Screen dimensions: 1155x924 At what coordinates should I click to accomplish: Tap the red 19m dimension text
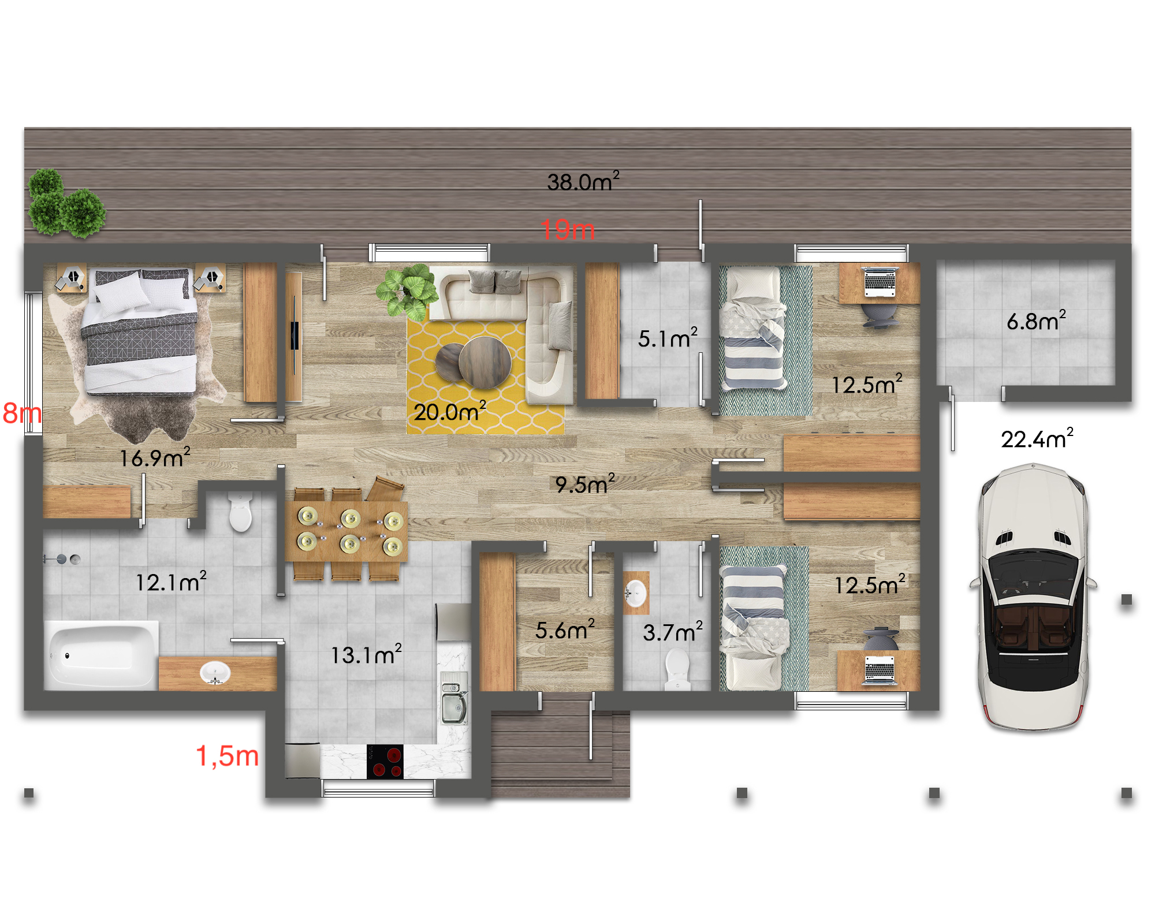click(x=568, y=230)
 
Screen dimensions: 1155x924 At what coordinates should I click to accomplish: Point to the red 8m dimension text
click(x=22, y=413)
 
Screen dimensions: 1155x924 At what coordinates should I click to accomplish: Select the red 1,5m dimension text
click(x=228, y=756)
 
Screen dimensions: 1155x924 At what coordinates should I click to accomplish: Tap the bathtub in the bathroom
click(x=102, y=655)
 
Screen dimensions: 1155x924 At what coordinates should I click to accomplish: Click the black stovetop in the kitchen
click(x=385, y=762)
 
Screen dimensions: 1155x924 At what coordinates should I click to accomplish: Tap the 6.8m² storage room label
click(x=1036, y=321)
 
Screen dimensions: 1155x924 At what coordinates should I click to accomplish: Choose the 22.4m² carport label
click(x=1037, y=439)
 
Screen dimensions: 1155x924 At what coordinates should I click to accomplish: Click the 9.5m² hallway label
click(x=584, y=484)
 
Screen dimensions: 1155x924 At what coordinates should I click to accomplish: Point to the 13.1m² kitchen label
click(x=366, y=654)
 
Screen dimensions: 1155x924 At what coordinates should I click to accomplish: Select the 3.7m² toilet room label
click(x=673, y=632)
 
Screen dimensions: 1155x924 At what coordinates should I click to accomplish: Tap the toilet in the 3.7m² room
click(x=677, y=670)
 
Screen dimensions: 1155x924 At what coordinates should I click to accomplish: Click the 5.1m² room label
click(x=668, y=338)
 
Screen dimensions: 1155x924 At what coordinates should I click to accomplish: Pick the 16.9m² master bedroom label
click(x=155, y=458)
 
